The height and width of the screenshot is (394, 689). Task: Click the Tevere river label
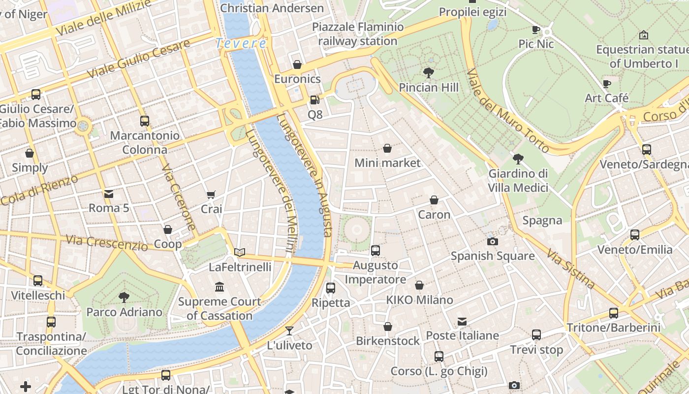click(x=241, y=43)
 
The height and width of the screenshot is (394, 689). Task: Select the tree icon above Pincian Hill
click(x=429, y=73)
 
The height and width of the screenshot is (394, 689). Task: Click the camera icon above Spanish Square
click(x=492, y=241)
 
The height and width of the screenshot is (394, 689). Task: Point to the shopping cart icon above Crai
click(x=211, y=195)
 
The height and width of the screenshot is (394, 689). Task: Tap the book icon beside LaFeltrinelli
click(x=240, y=253)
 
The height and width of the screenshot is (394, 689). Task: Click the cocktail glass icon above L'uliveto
click(x=289, y=331)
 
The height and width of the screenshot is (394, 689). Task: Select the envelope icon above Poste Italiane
click(x=462, y=322)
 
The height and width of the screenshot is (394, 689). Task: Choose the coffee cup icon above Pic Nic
click(x=536, y=30)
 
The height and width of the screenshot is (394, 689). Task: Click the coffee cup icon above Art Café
click(x=607, y=84)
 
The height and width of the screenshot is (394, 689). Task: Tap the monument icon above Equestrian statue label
click(x=643, y=35)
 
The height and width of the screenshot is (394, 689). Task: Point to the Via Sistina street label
click(x=570, y=268)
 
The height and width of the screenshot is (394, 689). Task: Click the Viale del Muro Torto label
click(x=507, y=111)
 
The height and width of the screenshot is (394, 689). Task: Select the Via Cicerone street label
click(x=179, y=197)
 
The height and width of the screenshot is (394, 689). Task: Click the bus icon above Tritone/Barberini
click(x=613, y=313)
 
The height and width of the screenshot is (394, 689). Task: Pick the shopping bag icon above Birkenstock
click(x=388, y=327)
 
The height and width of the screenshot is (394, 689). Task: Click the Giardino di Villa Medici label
click(x=518, y=181)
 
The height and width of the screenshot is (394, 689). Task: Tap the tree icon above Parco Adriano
click(x=124, y=297)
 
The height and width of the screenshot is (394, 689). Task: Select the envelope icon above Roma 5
click(x=109, y=194)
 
